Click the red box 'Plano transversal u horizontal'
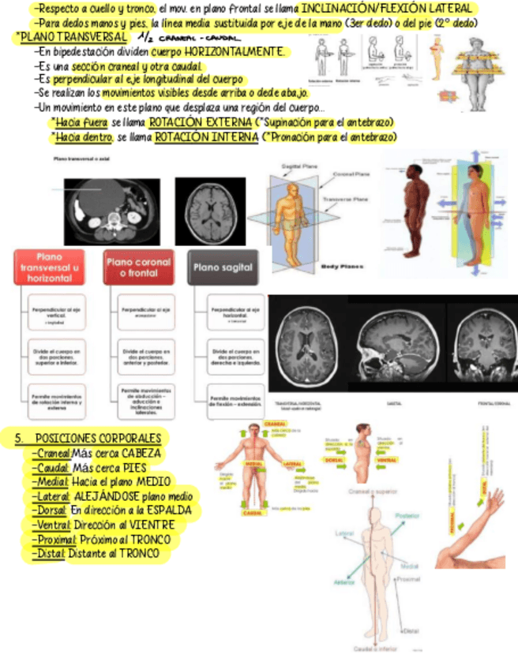click(x=50, y=268)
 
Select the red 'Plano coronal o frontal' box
click(x=138, y=267)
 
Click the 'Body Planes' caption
click(x=342, y=267)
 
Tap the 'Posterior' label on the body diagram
click(x=407, y=515)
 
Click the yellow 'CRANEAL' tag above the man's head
click(x=275, y=424)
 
